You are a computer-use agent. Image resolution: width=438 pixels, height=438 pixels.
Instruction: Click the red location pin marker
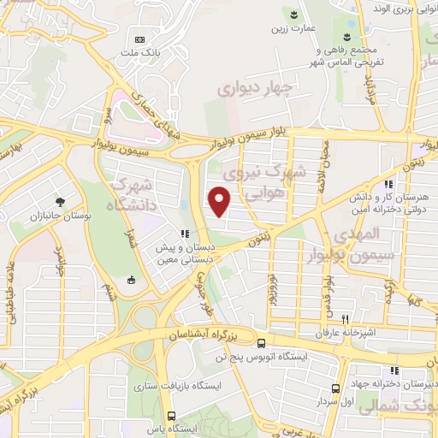point(221,203)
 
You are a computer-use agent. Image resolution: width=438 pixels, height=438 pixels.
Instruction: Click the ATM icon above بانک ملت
point(141,38)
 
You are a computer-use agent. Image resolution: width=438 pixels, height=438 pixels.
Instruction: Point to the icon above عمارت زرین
point(295,14)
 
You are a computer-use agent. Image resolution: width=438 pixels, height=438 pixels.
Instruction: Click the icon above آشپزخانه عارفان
point(344,317)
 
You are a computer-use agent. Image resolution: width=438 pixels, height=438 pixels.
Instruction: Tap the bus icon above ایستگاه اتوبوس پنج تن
point(261,344)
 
